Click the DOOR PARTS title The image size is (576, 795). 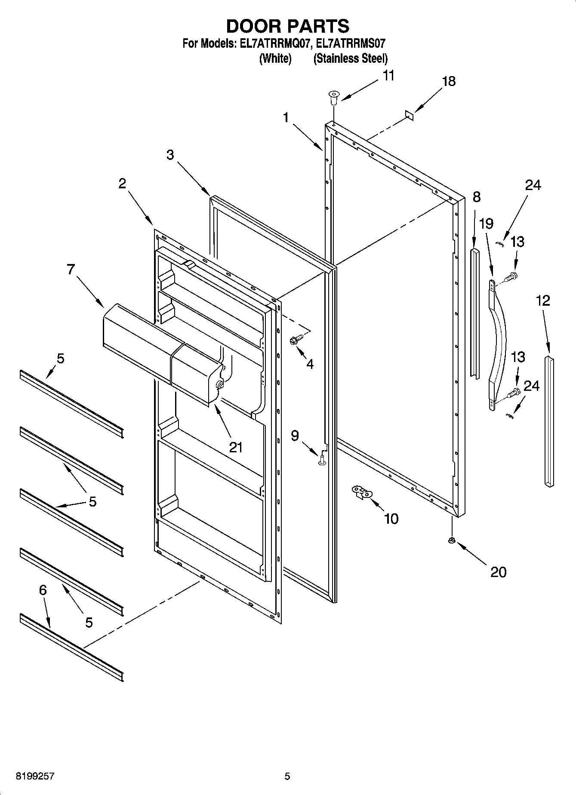(287, 26)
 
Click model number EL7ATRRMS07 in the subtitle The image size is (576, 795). (351, 43)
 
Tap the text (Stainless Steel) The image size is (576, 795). (351, 58)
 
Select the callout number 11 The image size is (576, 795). (388, 76)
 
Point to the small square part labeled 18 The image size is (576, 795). (409, 114)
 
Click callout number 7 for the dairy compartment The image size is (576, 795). (71, 270)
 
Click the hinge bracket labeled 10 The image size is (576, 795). (360, 492)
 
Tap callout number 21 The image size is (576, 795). (236, 448)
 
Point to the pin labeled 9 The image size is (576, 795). (322, 460)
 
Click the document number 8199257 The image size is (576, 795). (35, 777)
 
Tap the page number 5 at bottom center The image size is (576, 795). (287, 777)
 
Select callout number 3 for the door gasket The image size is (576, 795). (170, 155)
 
